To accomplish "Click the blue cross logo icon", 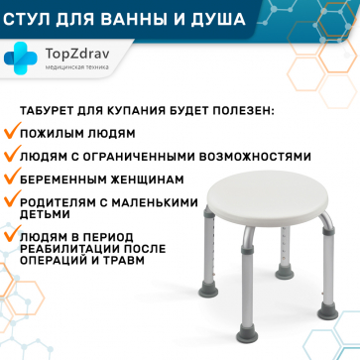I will pyautogui.click(x=20, y=58).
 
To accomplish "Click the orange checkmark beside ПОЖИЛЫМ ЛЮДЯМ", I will pyautogui.click(x=12, y=133).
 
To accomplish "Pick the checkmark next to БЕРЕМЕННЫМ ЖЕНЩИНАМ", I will pyautogui.click(x=12, y=179).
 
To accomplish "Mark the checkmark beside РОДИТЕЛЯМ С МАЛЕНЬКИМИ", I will pyautogui.click(x=12, y=201).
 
